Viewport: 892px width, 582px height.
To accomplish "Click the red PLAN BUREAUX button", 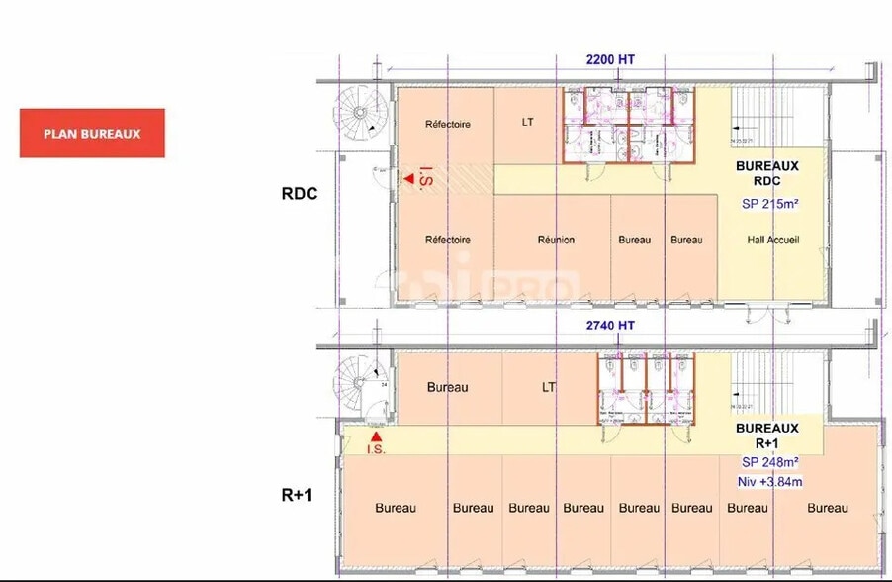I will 92,134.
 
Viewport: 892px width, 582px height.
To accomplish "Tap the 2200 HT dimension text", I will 610,59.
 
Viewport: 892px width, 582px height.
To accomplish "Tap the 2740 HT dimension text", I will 610,325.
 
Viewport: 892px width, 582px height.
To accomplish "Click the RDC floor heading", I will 300,194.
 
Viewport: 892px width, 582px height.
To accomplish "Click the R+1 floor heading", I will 296,493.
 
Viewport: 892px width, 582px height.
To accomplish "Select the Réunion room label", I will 556,240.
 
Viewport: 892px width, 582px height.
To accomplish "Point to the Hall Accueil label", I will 772,240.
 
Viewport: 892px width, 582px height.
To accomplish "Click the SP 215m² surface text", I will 770,205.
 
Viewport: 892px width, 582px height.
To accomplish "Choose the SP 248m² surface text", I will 770,462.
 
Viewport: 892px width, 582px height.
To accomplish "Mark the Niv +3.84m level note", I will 769,482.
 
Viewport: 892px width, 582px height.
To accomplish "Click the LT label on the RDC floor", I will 528,124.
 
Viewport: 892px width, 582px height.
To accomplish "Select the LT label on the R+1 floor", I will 549,387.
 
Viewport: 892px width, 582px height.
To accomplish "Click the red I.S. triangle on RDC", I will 407,179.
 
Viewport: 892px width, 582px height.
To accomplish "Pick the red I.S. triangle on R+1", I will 375,436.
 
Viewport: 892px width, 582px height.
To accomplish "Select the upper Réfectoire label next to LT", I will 447,125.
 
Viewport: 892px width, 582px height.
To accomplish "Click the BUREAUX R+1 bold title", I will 766,436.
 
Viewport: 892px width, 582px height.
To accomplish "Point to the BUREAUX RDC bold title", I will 766,175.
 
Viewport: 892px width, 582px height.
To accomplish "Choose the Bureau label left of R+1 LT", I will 447,387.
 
